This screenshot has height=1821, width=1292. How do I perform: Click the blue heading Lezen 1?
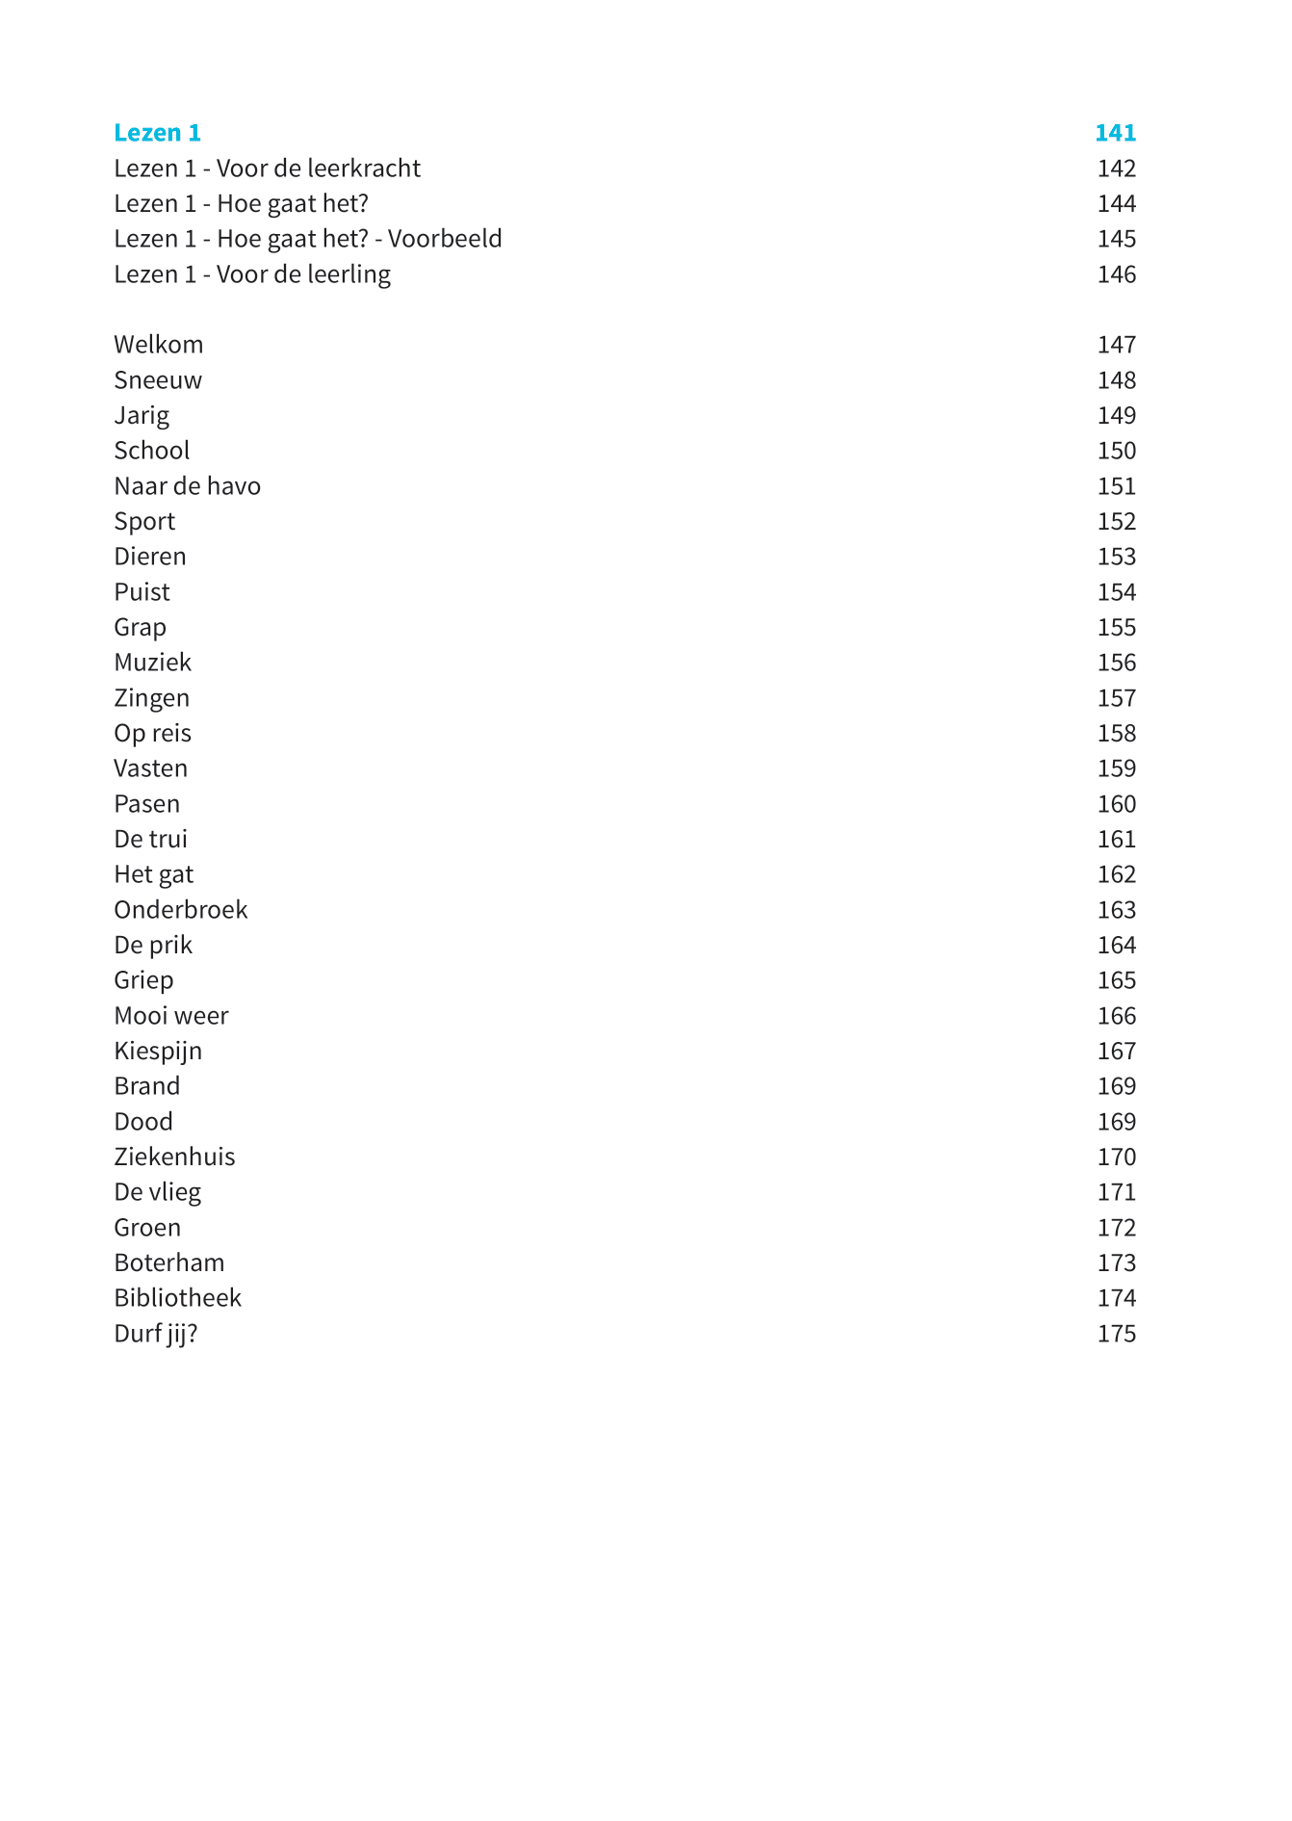click(x=157, y=133)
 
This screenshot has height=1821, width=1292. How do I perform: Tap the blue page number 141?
click(x=1115, y=133)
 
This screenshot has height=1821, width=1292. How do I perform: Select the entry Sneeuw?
click(x=158, y=380)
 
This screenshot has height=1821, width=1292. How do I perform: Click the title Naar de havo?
click(x=187, y=486)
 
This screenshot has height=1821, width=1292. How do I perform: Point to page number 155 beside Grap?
click(x=1116, y=628)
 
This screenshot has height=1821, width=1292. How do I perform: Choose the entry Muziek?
click(x=152, y=663)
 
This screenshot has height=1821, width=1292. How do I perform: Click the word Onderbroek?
click(x=180, y=910)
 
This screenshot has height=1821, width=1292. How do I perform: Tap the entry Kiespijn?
click(x=158, y=1052)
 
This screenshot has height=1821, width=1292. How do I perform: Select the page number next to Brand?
click(x=1116, y=1086)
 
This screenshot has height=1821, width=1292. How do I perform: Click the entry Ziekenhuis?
click(x=174, y=1158)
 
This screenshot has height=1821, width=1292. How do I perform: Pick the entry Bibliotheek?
click(x=177, y=1298)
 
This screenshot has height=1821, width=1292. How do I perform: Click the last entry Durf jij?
click(x=155, y=1334)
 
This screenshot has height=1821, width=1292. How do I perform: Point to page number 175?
click(x=1116, y=1334)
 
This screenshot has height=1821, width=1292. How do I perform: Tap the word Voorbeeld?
click(x=445, y=239)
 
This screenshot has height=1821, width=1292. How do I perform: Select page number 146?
click(x=1116, y=274)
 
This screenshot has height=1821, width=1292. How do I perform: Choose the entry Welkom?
click(x=158, y=345)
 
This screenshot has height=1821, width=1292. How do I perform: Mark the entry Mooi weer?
click(x=170, y=1016)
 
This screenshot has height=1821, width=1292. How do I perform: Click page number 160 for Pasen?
click(x=1116, y=804)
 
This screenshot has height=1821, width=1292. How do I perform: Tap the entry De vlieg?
click(x=157, y=1192)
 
